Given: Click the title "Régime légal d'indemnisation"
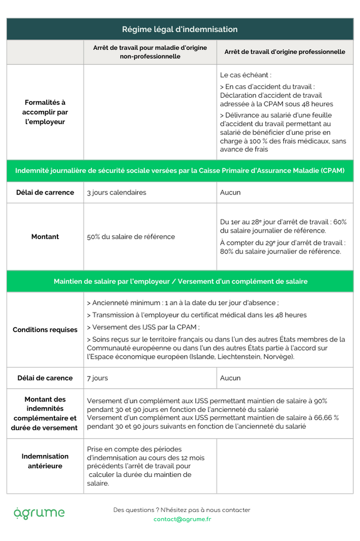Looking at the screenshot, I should pyautogui.click(x=179, y=30).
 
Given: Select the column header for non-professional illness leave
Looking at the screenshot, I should pyautogui.click(x=150, y=52).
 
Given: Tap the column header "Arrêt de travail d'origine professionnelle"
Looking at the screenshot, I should pyautogui.click(x=285, y=52).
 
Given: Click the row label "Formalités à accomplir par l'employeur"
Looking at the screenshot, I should pyautogui.click(x=46, y=112).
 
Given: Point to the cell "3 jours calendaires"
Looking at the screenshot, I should pyautogui.click(x=116, y=192).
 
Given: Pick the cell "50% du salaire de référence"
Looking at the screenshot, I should pyautogui.click(x=131, y=237).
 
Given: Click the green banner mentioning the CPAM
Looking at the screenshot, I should pyautogui.click(x=179, y=170).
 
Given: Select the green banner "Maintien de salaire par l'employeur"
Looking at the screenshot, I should pyautogui.click(x=179, y=281).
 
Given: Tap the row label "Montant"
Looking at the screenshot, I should pyautogui.click(x=45, y=237).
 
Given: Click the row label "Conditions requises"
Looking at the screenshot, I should pyautogui.click(x=45, y=330).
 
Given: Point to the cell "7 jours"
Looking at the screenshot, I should pyautogui.click(x=98, y=378).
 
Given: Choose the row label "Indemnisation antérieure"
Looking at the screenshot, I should pyautogui.click(x=45, y=461).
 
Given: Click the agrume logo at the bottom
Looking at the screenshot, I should pyautogui.click(x=39, y=512).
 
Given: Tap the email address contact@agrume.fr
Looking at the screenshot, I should pyautogui.click(x=182, y=519).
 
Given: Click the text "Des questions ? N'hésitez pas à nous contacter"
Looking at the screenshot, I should pyautogui.click(x=182, y=510).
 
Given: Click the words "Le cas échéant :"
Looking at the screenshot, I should pyautogui.click(x=242, y=75).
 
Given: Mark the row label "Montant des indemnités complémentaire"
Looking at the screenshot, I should pyautogui.click(x=45, y=413).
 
